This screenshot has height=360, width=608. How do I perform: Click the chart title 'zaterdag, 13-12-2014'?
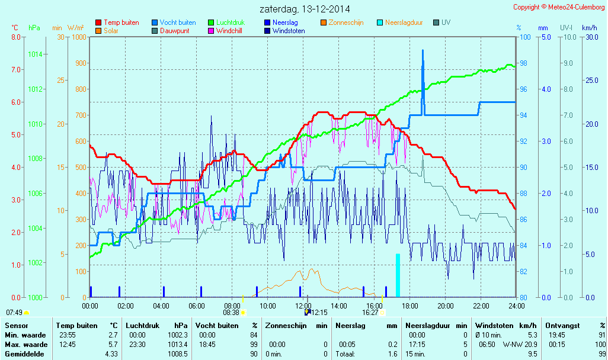pos(305,9)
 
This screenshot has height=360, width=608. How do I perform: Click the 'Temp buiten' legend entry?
pos(121,22)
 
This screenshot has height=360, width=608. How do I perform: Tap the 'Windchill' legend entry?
pos(228,31)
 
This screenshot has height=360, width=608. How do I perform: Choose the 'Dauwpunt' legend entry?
pos(175,31)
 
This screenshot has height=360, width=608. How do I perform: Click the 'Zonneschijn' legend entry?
pos(345,22)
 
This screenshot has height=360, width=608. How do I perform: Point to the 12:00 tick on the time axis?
pos(303,306)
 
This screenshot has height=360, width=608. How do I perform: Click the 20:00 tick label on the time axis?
pos(445,306)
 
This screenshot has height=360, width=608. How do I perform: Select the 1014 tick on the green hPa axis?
pos(35,54)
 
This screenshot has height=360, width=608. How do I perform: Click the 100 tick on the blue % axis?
pos(524,37)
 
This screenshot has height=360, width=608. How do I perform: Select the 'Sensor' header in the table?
pos(16,326)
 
